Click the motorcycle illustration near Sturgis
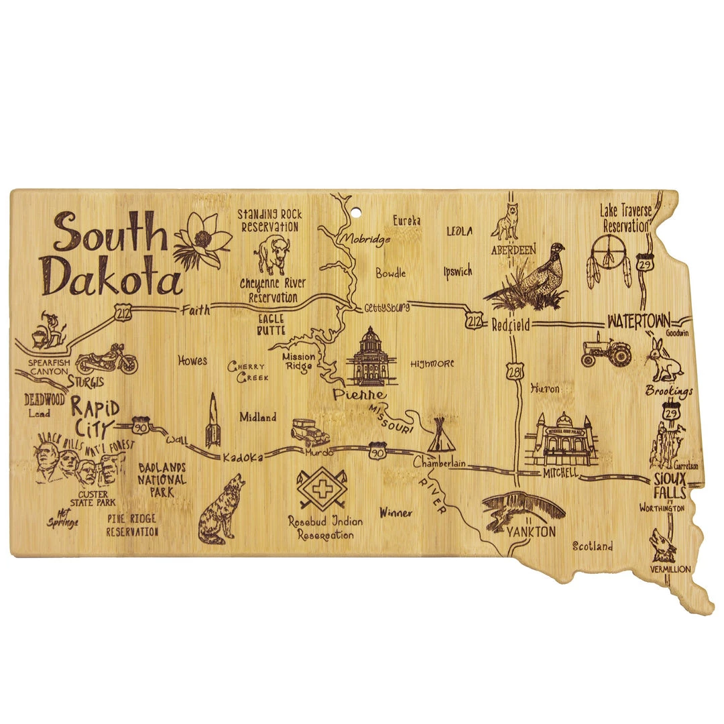107,360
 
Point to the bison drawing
271,254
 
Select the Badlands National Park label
162,479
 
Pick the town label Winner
396,514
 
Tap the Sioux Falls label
670,486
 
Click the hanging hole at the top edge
357,214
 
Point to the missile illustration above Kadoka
213,421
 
